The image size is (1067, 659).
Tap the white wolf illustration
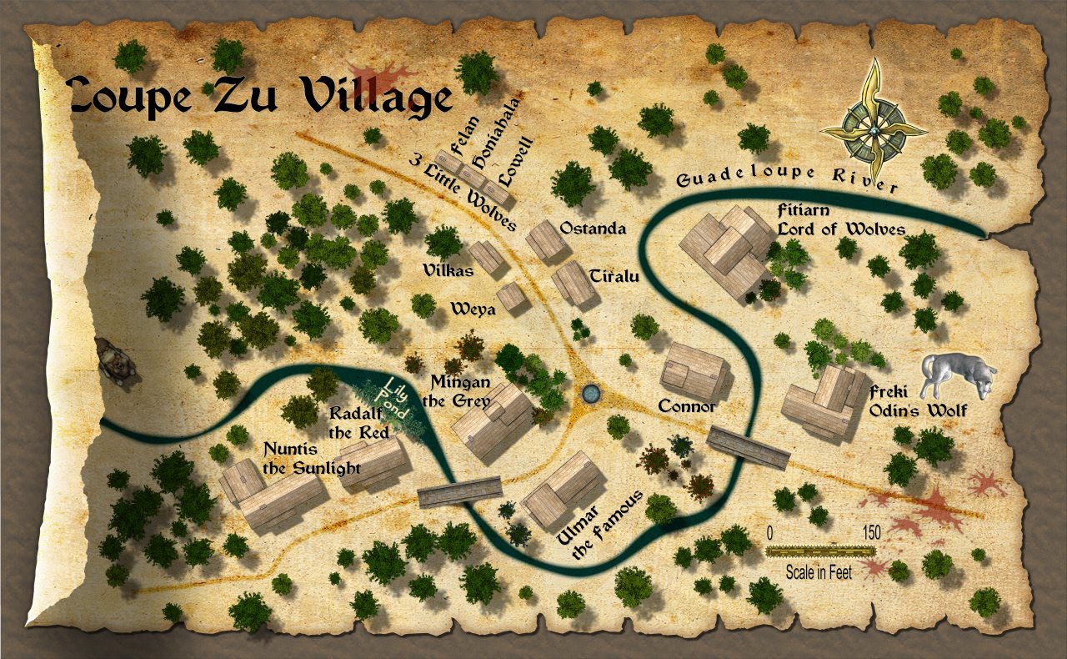coord(957,375)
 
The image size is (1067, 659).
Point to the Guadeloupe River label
coord(787,178)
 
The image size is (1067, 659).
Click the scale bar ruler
coord(821,551)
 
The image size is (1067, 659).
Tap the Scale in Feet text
coord(819,573)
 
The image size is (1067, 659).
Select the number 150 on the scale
coord(871,532)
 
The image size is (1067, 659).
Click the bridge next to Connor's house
coord(748,448)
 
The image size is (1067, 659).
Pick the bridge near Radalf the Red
coord(459,491)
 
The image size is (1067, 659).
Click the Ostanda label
coord(593,228)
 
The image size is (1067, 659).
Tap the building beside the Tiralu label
coord(574,284)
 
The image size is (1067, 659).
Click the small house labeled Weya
coord(511,297)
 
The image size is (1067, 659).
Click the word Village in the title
coord(377,96)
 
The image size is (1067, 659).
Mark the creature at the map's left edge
coord(115,362)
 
